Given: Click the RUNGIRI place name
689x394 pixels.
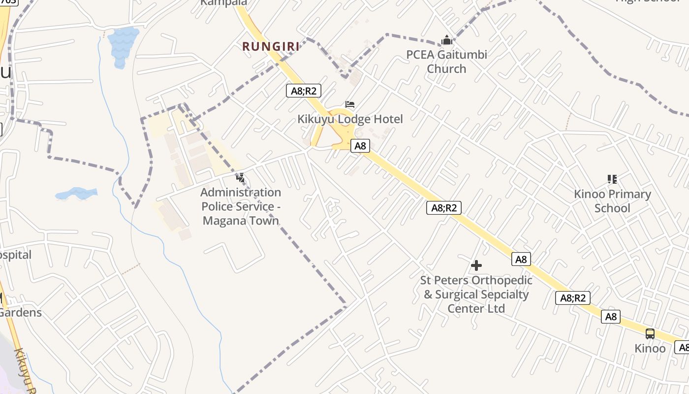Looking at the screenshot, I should [x=271, y=47].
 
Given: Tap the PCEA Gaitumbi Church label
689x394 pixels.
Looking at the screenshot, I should [x=446, y=62].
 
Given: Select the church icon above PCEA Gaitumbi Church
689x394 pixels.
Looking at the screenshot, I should [x=447, y=40].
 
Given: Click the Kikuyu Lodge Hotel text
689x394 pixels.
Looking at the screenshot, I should [x=350, y=119].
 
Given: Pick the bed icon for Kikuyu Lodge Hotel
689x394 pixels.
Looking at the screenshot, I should [x=350, y=104].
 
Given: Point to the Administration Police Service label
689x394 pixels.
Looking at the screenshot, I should [x=241, y=206].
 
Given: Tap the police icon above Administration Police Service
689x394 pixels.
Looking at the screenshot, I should [x=241, y=177].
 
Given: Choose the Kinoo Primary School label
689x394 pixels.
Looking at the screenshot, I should [x=612, y=201].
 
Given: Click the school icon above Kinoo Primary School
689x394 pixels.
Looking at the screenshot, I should [x=612, y=179].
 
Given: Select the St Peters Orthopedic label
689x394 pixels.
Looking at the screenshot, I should [x=476, y=295].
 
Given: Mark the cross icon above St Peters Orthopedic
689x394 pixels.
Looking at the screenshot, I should [x=476, y=266].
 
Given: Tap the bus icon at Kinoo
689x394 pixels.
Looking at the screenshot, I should [x=650, y=334].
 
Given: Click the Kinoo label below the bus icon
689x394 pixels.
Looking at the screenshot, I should [x=650, y=349].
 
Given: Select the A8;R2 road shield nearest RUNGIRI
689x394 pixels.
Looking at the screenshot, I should [x=304, y=91].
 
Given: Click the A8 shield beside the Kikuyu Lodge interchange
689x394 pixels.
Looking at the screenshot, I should [x=360, y=146].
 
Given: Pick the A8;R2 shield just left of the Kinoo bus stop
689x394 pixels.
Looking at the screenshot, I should [x=573, y=298].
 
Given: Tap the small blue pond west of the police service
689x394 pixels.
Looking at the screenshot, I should [x=77, y=194].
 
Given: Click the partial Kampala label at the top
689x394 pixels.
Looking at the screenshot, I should [x=224, y=3].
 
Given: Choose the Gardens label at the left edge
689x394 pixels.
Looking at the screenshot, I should [x=21, y=313].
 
